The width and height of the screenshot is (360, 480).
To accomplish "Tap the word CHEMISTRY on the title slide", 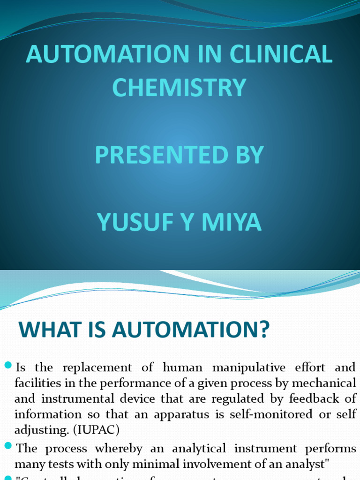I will [180, 88].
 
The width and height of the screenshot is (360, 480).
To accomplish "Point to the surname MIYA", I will [230, 223].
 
